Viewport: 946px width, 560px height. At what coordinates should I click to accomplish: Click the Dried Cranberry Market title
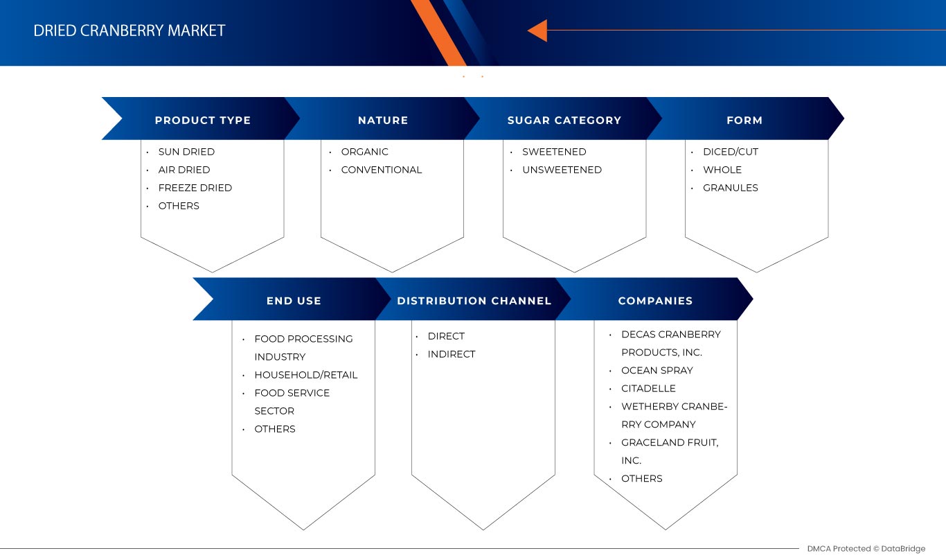[130, 30]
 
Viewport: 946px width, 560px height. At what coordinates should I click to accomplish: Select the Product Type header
[202, 120]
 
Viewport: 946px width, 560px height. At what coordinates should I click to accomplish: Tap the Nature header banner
[382, 120]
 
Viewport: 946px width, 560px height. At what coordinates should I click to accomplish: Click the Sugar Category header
[564, 120]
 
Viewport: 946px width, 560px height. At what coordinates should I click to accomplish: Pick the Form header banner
[744, 120]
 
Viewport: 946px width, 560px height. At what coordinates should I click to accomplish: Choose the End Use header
[294, 301]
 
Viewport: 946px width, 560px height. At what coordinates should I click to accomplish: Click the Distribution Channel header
[474, 301]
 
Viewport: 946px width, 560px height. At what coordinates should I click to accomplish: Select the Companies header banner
[655, 301]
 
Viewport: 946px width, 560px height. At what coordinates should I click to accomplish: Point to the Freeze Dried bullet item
[195, 188]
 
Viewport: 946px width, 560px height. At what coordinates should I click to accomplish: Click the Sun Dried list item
[186, 152]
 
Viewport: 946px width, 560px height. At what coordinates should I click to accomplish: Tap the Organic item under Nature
[364, 152]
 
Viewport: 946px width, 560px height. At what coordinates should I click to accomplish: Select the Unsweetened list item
[562, 170]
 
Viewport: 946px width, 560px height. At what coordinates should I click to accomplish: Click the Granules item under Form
[730, 188]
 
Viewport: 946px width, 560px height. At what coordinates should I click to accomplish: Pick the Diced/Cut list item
[730, 152]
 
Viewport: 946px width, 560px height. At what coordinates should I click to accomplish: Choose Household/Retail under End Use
[305, 375]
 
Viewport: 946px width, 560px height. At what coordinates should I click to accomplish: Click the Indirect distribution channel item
[451, 354]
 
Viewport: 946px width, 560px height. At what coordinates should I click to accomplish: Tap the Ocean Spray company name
[657, 370]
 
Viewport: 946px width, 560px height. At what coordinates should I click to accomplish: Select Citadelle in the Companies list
[648, 388]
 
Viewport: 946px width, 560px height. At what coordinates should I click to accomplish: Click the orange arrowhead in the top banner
[538, 30]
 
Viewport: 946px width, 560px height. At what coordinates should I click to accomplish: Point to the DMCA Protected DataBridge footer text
[866, 549]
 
